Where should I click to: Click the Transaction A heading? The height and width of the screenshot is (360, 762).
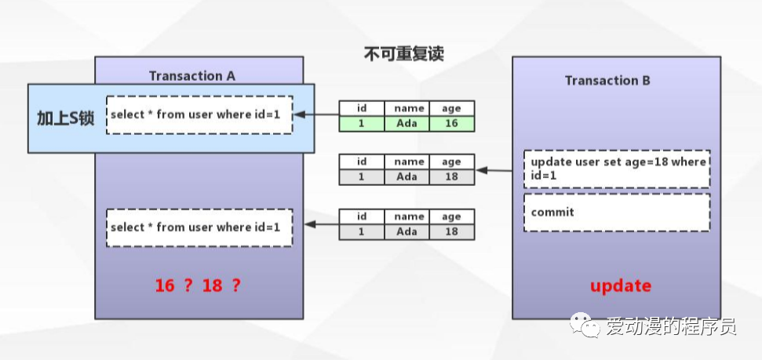(x=192, y=76)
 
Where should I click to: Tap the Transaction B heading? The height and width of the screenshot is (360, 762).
(x=607, y=81)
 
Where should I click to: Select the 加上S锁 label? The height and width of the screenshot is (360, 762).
(x=65, y=118)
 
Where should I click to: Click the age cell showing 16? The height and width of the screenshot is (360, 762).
(x=451, y=123)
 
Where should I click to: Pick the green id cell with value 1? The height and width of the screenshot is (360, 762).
(x=361, y=123)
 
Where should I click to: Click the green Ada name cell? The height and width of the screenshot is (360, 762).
(x=407, y=123)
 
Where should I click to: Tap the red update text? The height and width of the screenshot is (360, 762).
(x=621, y=285)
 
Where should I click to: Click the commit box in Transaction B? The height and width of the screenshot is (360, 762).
(x=617, y=212)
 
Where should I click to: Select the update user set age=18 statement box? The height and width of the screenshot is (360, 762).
(x=617, y=169)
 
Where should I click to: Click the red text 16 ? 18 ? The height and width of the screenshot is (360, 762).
(x=198, y=285)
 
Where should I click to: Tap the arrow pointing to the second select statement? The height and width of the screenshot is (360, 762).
(x=317, y=224)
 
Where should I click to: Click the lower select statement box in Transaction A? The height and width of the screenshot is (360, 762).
(x=199, y=227)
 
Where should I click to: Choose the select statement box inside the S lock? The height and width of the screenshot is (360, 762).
(x=199, y=115)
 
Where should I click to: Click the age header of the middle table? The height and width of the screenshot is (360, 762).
(x=451, y=162)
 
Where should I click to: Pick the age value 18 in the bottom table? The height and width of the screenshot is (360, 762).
(x=451, y=232)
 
